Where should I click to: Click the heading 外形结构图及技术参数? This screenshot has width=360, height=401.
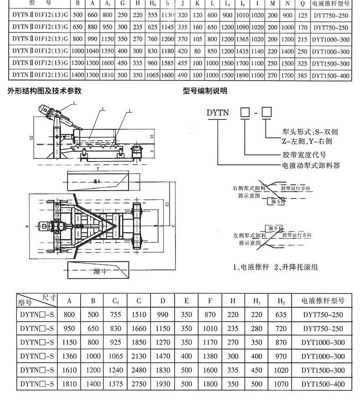[x=45, y=91]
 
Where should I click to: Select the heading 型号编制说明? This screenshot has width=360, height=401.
[x=205, y=91]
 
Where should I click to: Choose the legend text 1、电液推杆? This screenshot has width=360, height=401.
[x=250, y=267]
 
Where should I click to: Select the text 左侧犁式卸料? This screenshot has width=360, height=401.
[x=249, y=235]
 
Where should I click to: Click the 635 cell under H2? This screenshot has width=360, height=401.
[x=281, y=314]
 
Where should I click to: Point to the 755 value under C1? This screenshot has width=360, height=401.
[x=116, y=314]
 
